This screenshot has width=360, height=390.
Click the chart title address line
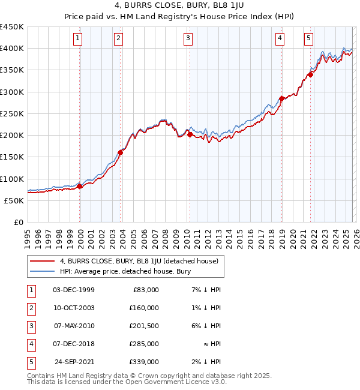pyautogui.click(x=179, y=5)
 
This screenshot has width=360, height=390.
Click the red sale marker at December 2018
pyautogui.click(x=281, y=98)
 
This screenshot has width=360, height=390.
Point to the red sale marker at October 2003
pyautogui.click(x=120, y=152)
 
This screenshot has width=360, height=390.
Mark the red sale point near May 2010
pyautogui.click(x=190, y=134)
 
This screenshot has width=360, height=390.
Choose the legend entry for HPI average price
pyautogui.click(x=125, y=271)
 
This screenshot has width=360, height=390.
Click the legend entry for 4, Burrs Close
pyautogui.click(x=142, y=261)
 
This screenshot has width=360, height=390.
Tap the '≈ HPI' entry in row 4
pyautogui.click(x=213, y=344)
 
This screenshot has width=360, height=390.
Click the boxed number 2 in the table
pyautogui.click(x=30, y=308)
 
